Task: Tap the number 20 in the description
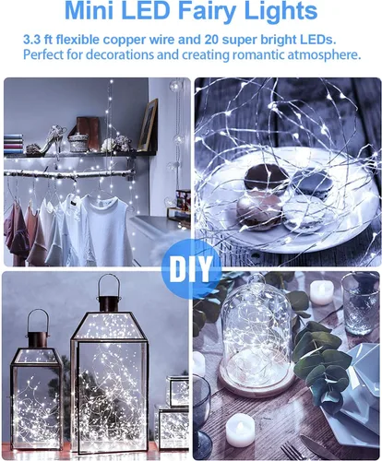210,40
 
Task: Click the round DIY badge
191,269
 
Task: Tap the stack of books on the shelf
14,144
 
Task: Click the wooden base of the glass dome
257,380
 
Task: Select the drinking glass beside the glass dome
360,304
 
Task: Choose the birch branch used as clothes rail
69,173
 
